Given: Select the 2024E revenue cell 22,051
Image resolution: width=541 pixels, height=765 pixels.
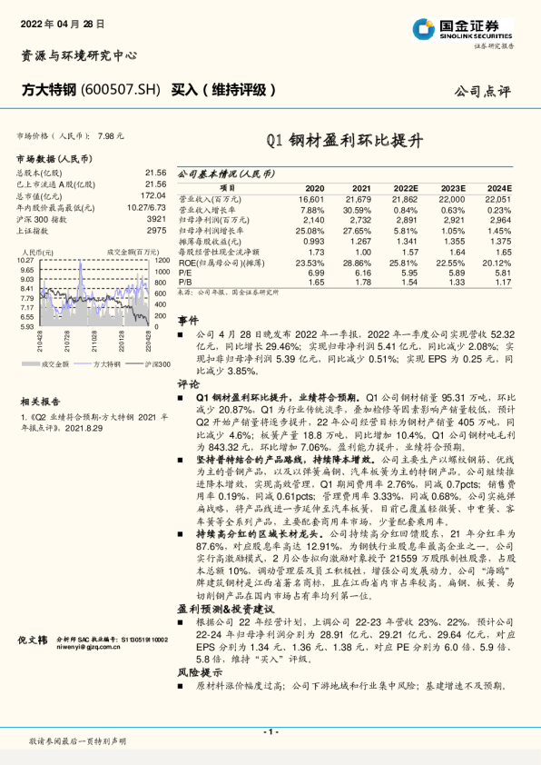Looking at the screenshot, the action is click(498, 197).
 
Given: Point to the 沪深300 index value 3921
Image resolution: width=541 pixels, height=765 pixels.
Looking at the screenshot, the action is click(156, 220).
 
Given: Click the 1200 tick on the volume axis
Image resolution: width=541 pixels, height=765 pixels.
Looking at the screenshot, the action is click(163, 261).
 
